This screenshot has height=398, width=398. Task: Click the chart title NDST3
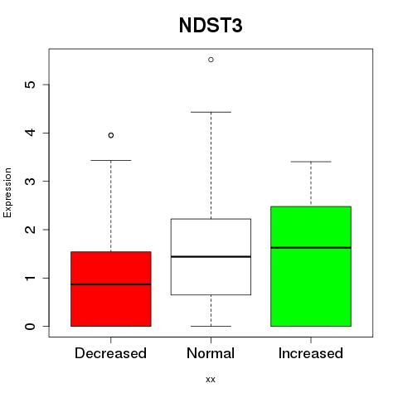point(211,26)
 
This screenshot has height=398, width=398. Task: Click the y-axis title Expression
point(7,192)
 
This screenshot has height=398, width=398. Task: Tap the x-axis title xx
point(211,379)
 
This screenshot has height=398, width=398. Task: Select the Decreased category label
point(110,353)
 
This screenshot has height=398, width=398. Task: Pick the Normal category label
point(211,353)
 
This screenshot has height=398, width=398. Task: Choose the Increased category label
point(311,353)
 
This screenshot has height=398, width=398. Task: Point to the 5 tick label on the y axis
point(31,85)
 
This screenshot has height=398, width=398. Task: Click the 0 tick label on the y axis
point(31,327)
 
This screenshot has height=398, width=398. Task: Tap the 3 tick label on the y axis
point(31,182)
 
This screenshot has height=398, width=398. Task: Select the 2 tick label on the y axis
point(31,230)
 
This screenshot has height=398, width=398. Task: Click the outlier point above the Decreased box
point(111,135)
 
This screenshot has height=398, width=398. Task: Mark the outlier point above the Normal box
point(211,60)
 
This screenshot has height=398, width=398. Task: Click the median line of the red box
point(111,284)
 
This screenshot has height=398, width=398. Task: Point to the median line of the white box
point(211,257)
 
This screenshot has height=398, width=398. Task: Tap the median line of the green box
point(311,248)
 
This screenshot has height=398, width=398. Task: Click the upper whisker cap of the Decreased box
point(111,160)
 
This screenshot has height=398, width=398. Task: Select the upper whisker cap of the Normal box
point(211,112)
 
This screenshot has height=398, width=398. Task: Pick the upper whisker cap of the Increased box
point(311,162)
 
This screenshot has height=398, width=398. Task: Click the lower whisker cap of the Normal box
point(211,326)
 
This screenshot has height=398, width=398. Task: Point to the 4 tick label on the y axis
point(31,133)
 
